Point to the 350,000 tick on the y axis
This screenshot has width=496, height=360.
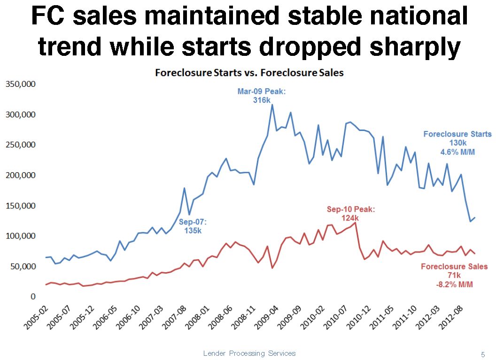21,84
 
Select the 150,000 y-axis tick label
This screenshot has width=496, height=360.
21,206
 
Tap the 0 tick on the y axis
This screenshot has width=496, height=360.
33,297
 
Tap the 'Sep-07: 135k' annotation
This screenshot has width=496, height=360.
193,226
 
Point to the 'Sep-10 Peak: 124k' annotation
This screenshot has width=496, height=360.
350,214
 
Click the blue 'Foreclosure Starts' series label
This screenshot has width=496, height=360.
457,134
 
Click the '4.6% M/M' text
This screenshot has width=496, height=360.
457,152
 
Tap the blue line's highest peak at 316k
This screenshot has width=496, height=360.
272,105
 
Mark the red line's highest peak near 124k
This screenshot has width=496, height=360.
356,222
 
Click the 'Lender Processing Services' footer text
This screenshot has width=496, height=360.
249,353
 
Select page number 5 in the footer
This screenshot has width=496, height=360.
482,354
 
